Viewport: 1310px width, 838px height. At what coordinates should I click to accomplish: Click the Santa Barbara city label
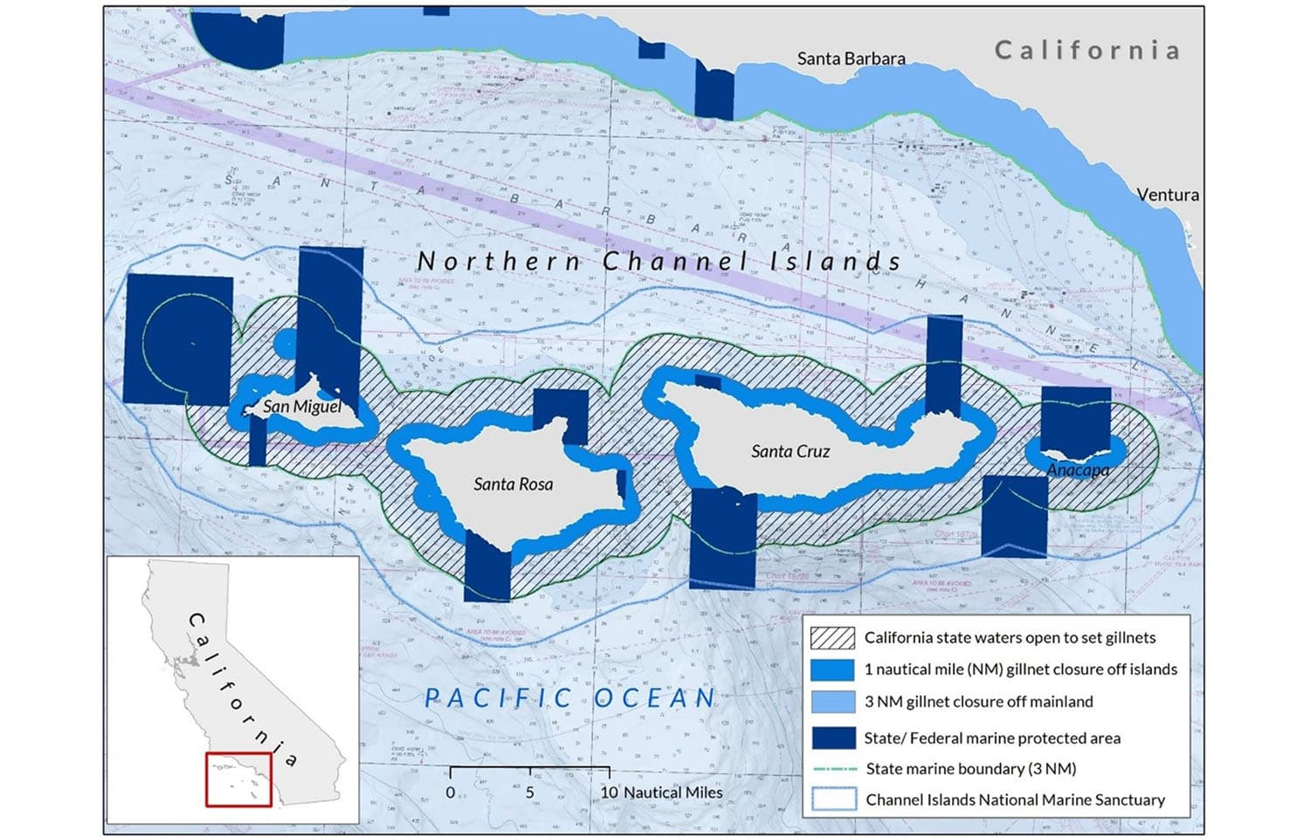(851, 58)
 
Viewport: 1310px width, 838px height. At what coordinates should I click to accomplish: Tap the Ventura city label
(1168, 195)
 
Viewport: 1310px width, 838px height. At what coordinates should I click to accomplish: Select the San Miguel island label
(302, 406)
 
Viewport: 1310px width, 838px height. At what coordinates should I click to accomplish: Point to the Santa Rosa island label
(513, 484)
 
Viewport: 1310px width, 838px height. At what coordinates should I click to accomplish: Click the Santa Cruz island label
(790, 451)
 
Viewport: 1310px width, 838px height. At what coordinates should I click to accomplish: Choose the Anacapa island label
(1078, 470)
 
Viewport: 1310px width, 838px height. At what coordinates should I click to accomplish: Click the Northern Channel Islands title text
(658, 261)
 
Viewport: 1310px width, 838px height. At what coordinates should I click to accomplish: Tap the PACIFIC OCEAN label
(570, 698)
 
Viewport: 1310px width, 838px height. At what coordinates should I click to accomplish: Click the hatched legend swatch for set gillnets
(832, 638)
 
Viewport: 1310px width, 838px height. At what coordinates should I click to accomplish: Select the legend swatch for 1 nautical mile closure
(832, 670)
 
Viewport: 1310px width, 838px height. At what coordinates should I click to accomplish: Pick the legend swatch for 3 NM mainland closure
(832, 702)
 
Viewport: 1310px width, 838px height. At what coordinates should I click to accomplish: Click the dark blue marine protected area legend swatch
(832, 738)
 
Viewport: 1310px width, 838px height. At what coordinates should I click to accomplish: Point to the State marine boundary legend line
(832, 769)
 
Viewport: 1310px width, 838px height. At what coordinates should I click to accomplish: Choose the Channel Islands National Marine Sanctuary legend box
(832, 800)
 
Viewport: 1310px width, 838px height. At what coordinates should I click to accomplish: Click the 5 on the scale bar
(530, 793)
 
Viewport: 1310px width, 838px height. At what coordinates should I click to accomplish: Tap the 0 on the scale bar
(451, 793)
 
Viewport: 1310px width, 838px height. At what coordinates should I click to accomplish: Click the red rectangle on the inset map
(238, 779)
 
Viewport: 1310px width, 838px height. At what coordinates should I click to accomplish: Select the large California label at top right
(1087, 50)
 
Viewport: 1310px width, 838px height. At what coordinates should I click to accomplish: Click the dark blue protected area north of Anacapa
(1076, 417)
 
